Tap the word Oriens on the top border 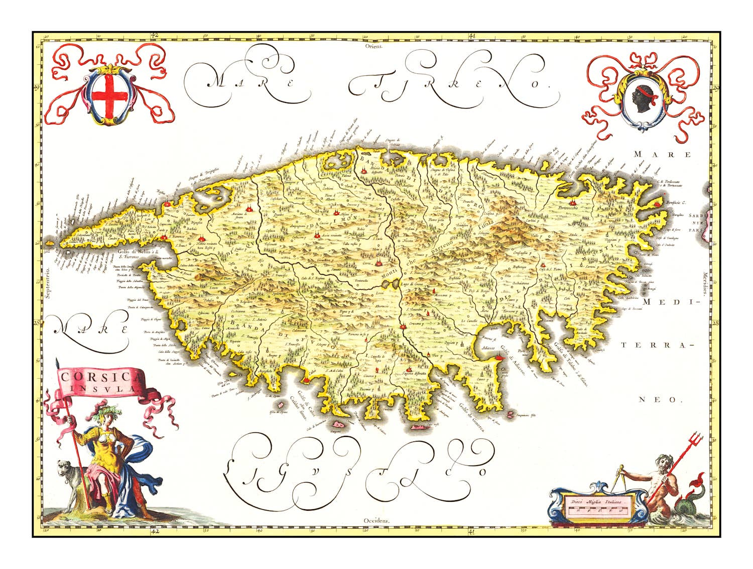pyautogui.click(x=374, y=45)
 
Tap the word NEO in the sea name pyautogui.click(x=661, y=400)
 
